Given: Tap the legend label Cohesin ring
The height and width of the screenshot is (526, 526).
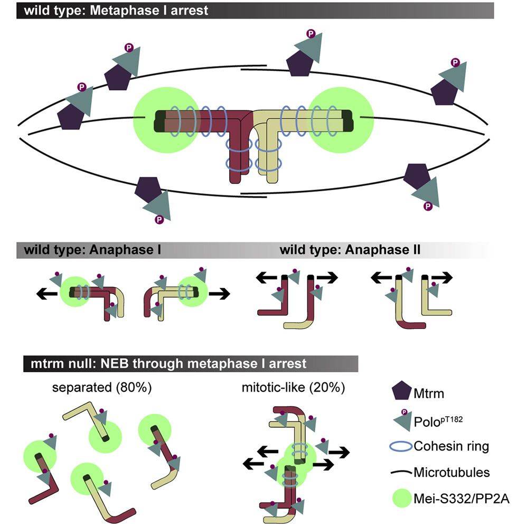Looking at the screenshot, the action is click(451, 446).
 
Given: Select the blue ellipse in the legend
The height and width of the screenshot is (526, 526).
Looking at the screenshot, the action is click(401, 446).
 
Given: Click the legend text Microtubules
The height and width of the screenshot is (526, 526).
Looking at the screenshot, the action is click(452, 472).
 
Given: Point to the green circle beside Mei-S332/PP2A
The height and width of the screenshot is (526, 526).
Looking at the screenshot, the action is click(401, 498).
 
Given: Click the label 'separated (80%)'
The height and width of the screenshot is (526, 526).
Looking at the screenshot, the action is click(102, 388).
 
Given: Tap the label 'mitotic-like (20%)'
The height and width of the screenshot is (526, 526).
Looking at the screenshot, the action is click(293, 388).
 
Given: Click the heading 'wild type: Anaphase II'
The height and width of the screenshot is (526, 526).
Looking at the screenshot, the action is click(350, 250).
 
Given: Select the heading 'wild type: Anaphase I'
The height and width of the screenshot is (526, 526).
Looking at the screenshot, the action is click(92, 250).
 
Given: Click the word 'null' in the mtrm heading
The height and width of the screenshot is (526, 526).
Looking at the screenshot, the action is click(82, 364).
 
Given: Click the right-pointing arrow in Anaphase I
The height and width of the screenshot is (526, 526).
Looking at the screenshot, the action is click(220, 294).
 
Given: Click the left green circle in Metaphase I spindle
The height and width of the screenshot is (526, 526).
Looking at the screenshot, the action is click(166, 120).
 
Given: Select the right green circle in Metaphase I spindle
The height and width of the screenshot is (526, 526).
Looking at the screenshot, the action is click(341, 120).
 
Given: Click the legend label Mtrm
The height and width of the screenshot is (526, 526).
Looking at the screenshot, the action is click(429, 393).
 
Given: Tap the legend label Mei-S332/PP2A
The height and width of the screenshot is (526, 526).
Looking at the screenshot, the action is click(462, 499).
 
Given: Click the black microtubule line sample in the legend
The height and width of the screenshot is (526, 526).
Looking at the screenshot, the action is click(401, 472).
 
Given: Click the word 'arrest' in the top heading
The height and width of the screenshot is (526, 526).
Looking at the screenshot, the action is click(190, 11).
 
